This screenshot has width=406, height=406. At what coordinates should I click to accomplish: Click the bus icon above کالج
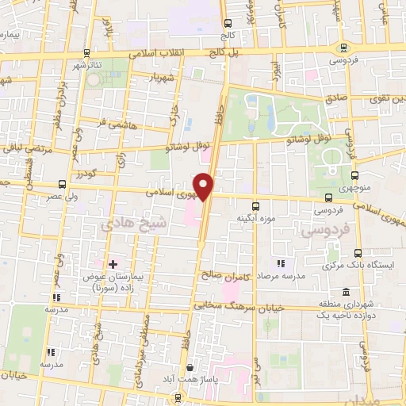point(229,22)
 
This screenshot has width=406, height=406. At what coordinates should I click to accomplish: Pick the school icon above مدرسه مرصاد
point(279,263)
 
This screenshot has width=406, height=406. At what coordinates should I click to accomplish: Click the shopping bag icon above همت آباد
point(190,368)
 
